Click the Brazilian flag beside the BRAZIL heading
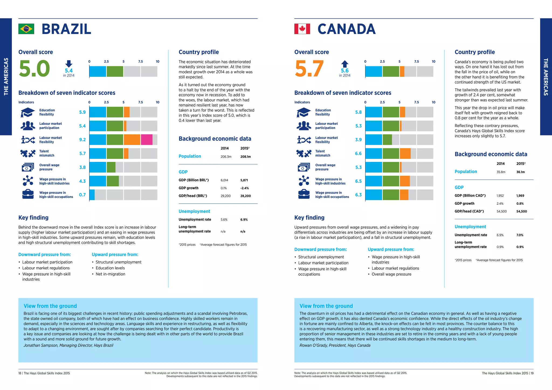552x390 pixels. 26,29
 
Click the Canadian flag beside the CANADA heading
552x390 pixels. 302,29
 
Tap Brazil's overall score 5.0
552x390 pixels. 34,68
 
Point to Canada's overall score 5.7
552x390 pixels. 309,68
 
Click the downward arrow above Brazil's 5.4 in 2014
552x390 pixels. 69,64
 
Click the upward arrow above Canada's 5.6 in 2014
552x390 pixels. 345,64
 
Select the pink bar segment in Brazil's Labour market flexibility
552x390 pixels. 146,140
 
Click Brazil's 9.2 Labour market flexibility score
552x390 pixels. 82,140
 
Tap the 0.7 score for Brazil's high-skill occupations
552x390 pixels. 82,195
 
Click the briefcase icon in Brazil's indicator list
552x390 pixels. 28,194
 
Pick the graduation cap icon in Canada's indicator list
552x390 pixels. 304,112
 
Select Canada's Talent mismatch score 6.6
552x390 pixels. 358,154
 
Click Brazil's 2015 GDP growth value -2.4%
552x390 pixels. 244,188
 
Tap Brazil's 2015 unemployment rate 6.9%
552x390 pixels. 244,220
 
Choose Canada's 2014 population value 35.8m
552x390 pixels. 501,172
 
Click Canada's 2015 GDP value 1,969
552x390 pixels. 520,196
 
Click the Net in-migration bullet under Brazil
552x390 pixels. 110,274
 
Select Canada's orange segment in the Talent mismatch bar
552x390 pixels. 405,154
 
